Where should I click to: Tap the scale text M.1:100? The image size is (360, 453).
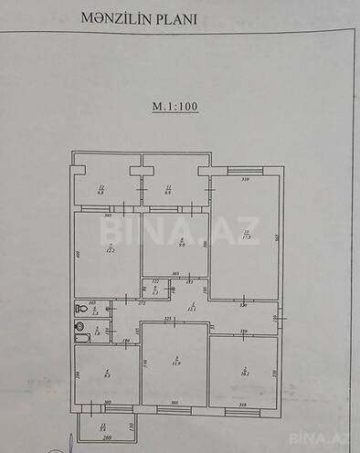click(x=175, y=106)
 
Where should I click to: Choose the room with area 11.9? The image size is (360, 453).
click(x=174, y=363)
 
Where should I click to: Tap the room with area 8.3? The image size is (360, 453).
click(x=107, y=373)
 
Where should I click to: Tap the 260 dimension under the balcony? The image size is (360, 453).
click(x=106, y=438)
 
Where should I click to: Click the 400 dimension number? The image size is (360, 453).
click(x=79, y=254)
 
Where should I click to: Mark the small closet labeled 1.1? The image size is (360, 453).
click(x=155, y=290)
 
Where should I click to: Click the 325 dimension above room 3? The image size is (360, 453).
click(x=168, y=319)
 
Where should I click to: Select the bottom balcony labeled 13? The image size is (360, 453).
click(x=103, y=426)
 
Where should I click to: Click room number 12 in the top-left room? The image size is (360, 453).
click(x=101, y=187)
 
